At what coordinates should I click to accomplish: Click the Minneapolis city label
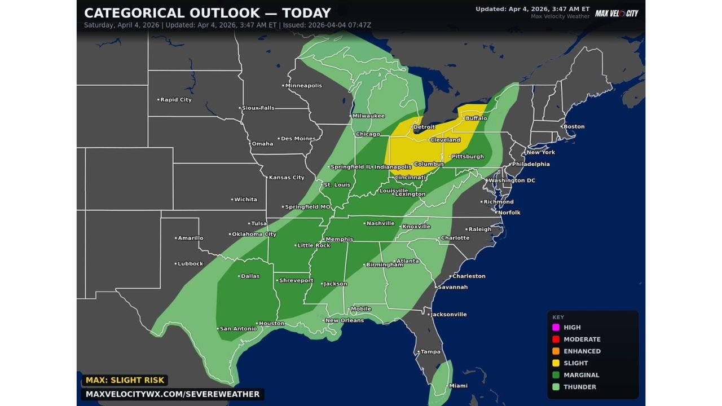[x=303, y=86]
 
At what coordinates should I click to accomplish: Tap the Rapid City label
[x=176, y=100]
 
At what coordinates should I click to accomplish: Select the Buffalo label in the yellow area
[x=476, y=118]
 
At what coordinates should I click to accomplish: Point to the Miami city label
[x=457, y=386]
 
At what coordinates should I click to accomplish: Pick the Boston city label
[x=574, y=127]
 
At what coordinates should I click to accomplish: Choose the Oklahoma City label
[x=254, y=235]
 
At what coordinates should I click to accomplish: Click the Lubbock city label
[x=191, y=264]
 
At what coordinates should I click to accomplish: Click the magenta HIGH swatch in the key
[x=556, y=328]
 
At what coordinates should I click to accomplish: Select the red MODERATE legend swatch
[x=556, y=339]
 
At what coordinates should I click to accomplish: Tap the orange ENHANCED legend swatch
[x=556, y=351]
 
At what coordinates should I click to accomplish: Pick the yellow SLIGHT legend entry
[x=575, y=363]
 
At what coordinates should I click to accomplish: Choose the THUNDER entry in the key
[x=579, y=387]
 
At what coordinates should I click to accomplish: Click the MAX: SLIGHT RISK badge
[x=125, y=381]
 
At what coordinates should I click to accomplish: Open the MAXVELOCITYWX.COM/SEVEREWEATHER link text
[x=173, y=395]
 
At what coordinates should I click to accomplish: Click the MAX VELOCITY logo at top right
[x=617, y=13]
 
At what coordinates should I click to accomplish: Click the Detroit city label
[x=424, y=127]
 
